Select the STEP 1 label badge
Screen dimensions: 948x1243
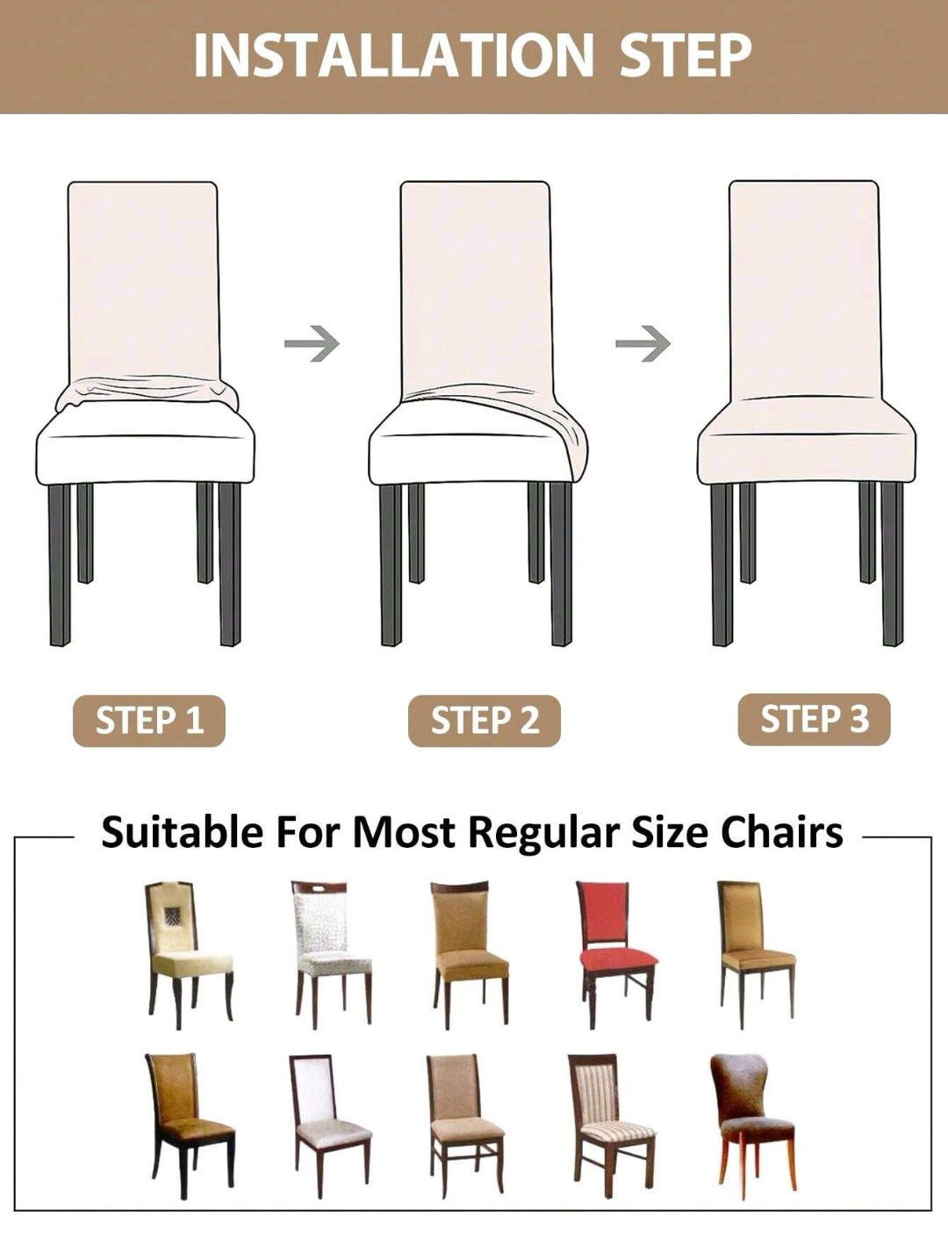[x=149, y=721]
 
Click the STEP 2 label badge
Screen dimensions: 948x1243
[x=485, y=721]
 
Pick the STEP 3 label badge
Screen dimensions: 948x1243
[x=815, y=719]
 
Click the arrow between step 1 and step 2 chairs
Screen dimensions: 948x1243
[x=312, y=343]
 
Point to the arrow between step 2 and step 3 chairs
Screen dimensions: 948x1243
[x=643, y=343]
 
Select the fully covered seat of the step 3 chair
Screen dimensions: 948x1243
[x=807, y=441]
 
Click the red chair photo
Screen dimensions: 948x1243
[x=618, y=955]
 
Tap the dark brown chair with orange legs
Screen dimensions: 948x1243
[x=752, y=1127]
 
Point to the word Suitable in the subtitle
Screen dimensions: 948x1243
[x=182, y=832]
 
